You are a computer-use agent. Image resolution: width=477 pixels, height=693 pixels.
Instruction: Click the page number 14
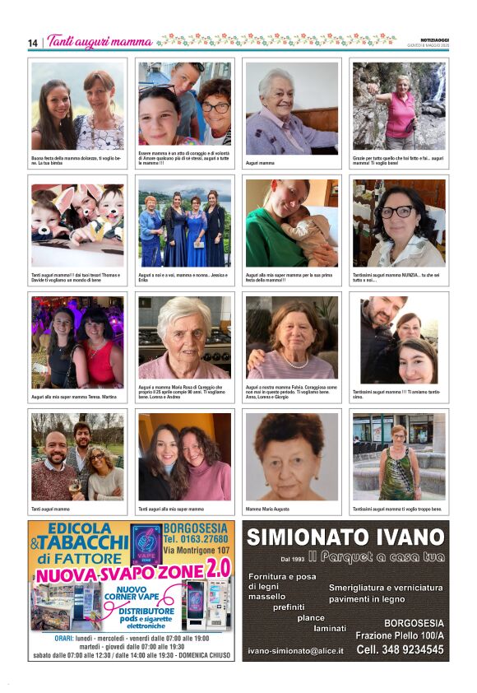point(33,43)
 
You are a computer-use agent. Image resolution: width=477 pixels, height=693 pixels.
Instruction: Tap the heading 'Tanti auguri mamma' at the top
point(100,41)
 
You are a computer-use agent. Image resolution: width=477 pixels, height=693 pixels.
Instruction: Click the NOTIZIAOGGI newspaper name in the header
point(428,38)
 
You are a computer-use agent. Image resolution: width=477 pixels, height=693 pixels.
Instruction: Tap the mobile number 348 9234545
point(401,649)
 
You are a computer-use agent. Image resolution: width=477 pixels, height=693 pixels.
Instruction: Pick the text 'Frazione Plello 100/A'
point(400,635)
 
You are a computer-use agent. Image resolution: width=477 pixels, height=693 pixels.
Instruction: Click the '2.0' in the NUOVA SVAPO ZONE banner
point(218,567)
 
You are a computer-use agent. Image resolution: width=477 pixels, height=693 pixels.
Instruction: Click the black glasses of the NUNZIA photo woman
point(397,212)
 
